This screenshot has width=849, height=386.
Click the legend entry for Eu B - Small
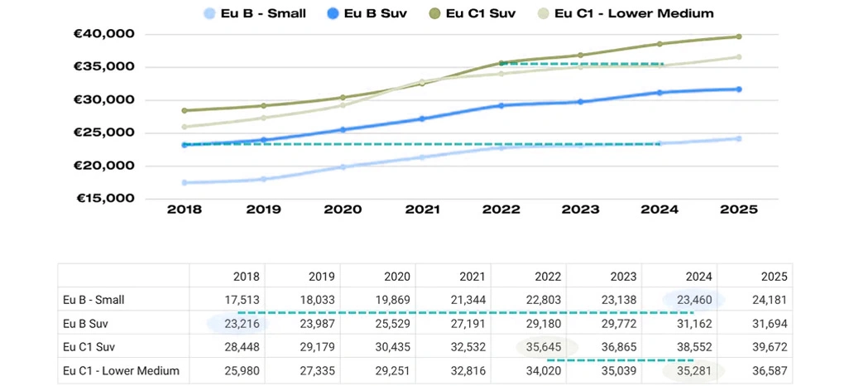254,13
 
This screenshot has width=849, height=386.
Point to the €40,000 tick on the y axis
105,34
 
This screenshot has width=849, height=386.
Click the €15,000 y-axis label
105,199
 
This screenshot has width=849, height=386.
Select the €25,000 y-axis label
105,133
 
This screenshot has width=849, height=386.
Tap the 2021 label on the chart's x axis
421,210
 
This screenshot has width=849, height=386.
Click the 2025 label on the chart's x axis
739,210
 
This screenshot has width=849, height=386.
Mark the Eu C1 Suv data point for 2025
739,36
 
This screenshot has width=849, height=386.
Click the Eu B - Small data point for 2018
184,182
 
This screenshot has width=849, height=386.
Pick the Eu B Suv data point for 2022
501,105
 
